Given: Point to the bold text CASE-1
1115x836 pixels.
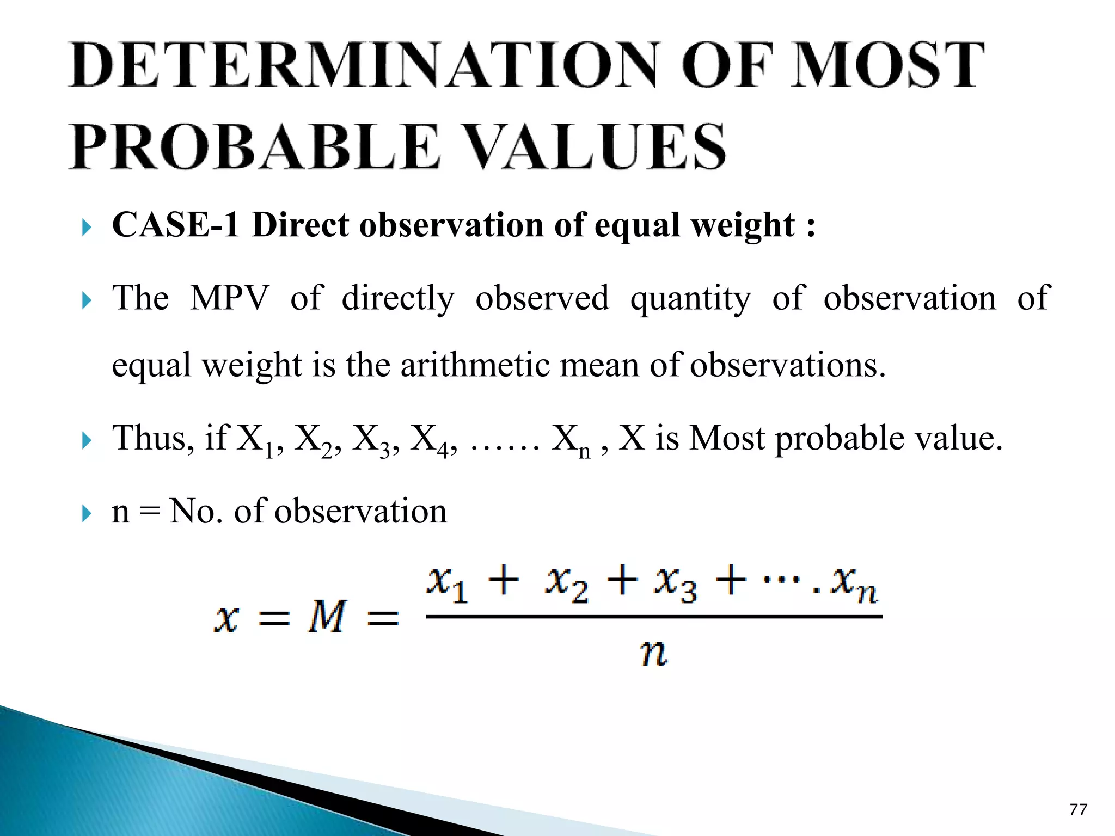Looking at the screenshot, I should (175, 225).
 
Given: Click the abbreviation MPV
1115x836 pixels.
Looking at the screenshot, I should (229, 298).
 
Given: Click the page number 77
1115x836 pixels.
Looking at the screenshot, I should (1078, 809).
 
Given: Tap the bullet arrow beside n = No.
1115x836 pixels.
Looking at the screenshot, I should (87, 513).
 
